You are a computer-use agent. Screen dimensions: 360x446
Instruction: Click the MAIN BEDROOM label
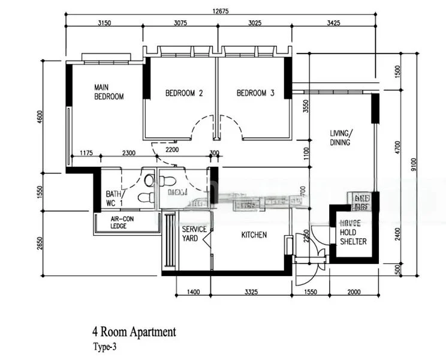(x=109, y=92)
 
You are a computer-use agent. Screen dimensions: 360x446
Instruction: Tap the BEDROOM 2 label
(x=184, y=93)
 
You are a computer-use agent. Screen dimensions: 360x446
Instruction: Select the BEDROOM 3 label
(x=255, y=93)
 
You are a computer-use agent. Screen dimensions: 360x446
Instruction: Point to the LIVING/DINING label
(x=341, y=138)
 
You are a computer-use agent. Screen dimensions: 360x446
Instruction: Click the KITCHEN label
(x=254, y=235)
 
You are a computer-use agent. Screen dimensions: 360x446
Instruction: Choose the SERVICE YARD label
(x=194, y=234)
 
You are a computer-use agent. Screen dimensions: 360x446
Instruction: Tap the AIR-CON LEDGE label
(x=122, y=223)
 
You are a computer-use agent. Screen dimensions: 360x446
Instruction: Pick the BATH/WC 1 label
(x=114, y=199)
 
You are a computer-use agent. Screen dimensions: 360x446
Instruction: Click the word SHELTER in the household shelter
(x=353, y=242)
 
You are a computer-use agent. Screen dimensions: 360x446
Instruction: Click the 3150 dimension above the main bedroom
(x=105, y=23)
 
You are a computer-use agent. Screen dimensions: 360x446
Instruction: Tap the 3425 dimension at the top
(x=333, y=23)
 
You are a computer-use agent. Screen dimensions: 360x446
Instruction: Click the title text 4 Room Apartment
(x=134, y=332)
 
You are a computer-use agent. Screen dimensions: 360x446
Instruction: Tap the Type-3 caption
(x=106, y=346)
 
